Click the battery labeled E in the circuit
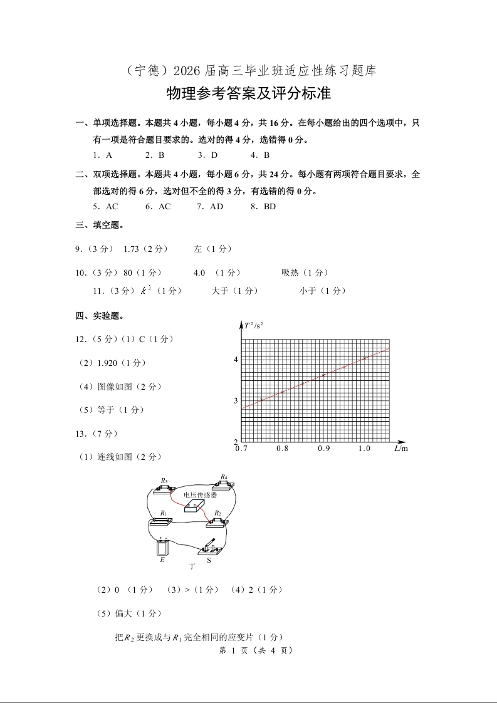163,547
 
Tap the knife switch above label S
210,548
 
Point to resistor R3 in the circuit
164,486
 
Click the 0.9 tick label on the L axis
323,449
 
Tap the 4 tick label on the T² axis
236,360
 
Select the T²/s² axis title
254,325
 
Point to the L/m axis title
400,449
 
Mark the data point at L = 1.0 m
365,358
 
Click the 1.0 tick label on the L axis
364,449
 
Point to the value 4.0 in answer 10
199,273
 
